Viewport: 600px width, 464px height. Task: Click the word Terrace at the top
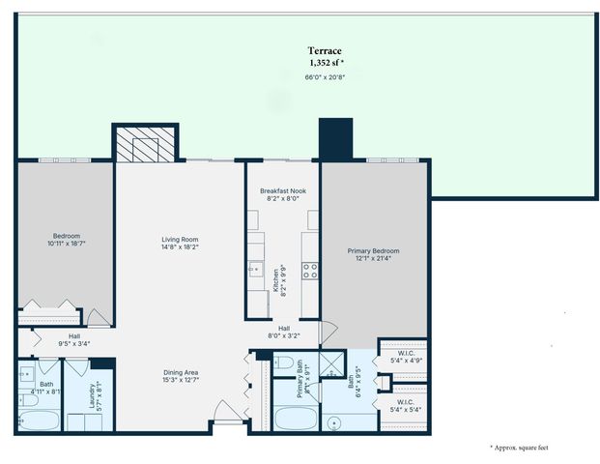click(325, 50)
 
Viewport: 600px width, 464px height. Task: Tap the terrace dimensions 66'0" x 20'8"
click(325, 76)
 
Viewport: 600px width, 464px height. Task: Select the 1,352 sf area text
click(325, 63)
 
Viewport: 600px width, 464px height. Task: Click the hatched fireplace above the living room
click(143, 144)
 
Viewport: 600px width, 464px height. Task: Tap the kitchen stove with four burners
click(311, 271)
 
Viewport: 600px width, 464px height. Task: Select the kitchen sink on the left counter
click(255, 270)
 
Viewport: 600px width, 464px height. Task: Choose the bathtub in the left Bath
click(39, 420)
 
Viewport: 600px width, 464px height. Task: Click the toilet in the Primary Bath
click(284, 363)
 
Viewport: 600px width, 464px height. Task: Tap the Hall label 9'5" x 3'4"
click(74, 338)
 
